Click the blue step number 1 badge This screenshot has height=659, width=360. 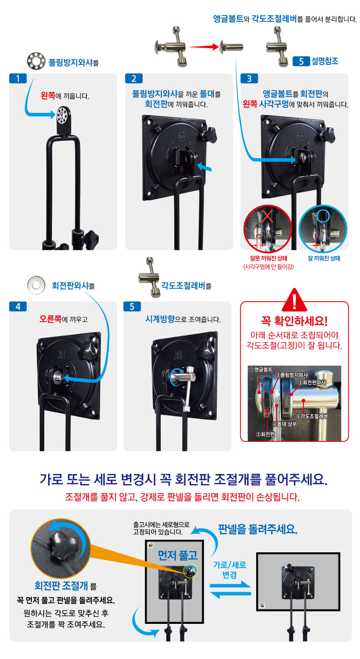click(x=18, y=79)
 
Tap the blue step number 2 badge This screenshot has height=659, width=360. click(x=134, y=79)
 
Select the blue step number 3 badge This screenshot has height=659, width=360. click(x=249, y=79)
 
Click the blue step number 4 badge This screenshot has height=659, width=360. click(x=18, y=307)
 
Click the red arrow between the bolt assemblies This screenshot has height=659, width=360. click(x=203, y=46)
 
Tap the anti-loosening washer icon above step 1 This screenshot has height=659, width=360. click(x=36, y=61)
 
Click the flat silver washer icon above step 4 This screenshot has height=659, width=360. click(x=36, y=285)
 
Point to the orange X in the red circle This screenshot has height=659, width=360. click(x=267, y=216)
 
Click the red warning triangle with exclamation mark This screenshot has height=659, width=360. click(x=294, y=300)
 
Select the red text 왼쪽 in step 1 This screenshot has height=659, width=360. click(x=48, y=96)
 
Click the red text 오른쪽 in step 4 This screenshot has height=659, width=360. click(x=50, y=319)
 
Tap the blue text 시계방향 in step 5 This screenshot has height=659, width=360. click(x=160, y=319)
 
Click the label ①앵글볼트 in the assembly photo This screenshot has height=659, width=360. click(x=261, y=369)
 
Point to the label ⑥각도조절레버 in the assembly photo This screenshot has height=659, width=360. click(x=312, y=416)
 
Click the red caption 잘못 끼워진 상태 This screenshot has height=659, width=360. click(x=268, y=258)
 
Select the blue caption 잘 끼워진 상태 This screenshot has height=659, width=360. click(x=324, y=258)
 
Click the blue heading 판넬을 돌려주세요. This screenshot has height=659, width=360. click(x=258, y=529)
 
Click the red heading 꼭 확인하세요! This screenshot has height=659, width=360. click(x=294, y=321)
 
